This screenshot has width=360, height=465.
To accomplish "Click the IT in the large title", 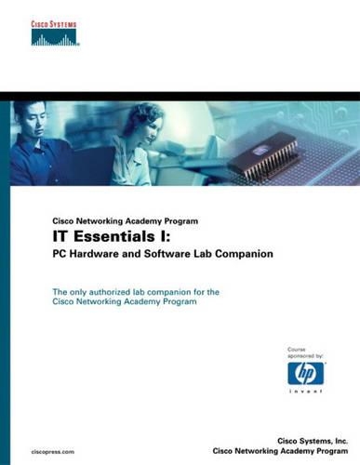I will (x=62, y=236).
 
